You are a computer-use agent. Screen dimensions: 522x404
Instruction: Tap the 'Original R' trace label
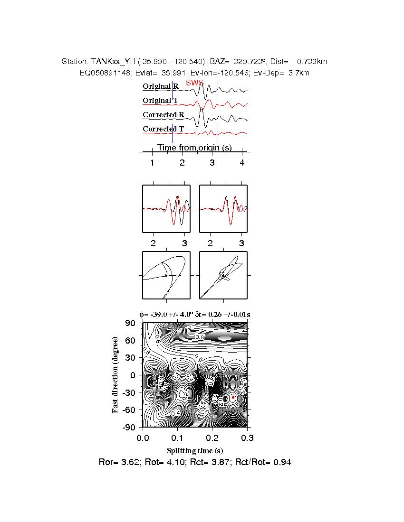pyautogui.click(x=161, y=86)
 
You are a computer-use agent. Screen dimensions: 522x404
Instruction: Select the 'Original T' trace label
pyautogui.click(x=161, y=101)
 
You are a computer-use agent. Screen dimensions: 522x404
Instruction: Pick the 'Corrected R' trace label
pyautogui.click(x=164, y=115)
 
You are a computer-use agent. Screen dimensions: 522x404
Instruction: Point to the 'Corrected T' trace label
pyautogui.click(x=164, y=129)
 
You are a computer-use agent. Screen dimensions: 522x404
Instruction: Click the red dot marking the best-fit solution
pyautogui.click(x=233, y=397)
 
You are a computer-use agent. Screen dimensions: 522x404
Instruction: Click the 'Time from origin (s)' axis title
pyautogui.click(x=194, y=148)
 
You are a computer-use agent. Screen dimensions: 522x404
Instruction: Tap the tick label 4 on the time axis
pyautogui.click(x=242, y=163)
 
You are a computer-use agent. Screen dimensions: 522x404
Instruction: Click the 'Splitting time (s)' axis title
pyautogui.click(x=194, y=450)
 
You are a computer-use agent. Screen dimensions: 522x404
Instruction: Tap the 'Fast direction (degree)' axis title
pyautogui.click(x=115, y=375)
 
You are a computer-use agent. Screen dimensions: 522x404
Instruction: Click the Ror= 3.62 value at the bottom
pyautogui.click(x=114, y=462)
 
